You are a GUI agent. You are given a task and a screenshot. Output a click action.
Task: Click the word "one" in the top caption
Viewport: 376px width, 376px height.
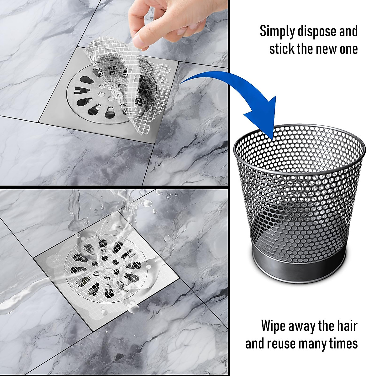coord(348,49)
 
